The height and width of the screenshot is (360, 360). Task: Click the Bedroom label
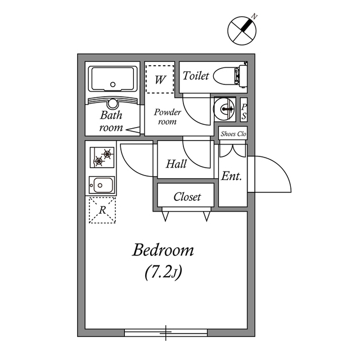(x=163, y=250)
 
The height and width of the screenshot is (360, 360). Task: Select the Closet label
(x=187, y=197)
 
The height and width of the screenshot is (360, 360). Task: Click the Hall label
(x=177, y=164)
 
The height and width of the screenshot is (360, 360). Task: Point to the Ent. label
(x=231, y=176)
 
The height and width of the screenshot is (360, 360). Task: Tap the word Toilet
(x=196, y=75)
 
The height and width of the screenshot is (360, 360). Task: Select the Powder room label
(x=167, y=116)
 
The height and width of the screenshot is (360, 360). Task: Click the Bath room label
(x=111, y=121)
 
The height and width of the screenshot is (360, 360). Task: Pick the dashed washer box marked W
(x=160, y=79)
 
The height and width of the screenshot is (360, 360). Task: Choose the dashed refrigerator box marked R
(x=102, y=210)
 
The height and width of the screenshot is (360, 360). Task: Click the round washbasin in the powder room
(x=226, y=108)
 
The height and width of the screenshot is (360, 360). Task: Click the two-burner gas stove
(x=102, y=157)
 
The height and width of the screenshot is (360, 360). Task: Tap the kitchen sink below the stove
(x=102, y=185)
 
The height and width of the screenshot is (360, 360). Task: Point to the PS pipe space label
(x=244, y=111)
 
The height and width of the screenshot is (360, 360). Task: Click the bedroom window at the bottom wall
(x=166, y=332)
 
